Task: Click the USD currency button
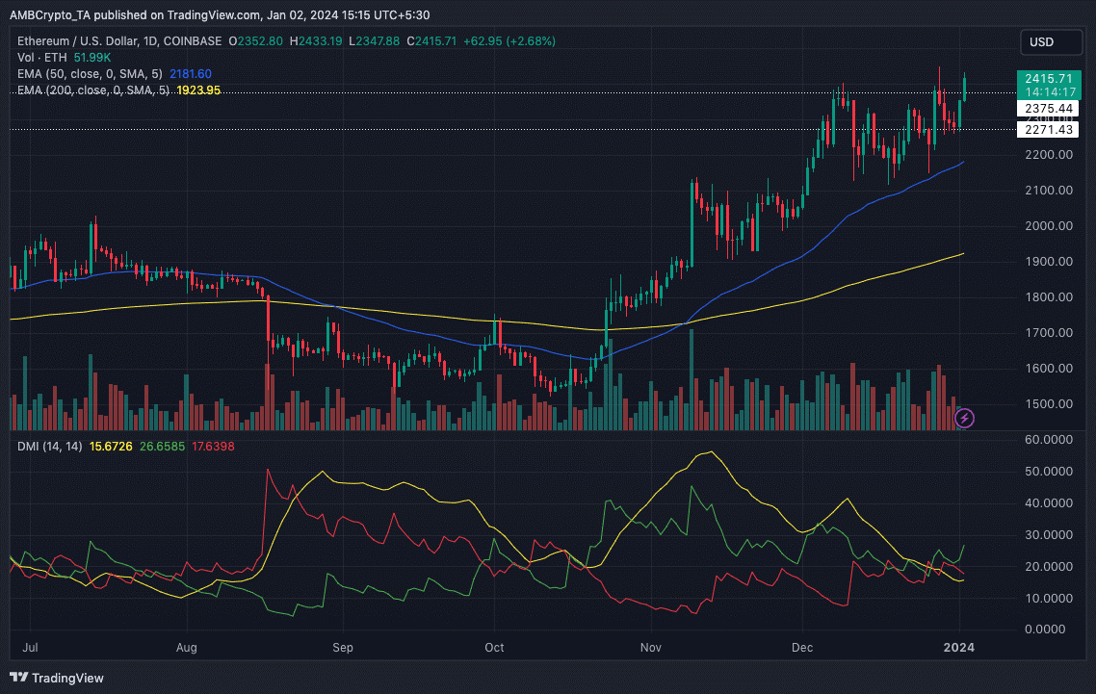[x=1041, y=42]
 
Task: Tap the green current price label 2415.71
[x=1048, y=79]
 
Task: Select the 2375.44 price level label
[x=1048, y=109]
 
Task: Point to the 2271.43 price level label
[x=1048, y=130]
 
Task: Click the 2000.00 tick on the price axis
[x=1048, y=226]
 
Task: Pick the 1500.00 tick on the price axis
[x=1048, y=404]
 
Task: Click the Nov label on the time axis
[x=652, y=648]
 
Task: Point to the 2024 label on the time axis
[x=958, y=648]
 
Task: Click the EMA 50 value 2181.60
[x=190, y=74]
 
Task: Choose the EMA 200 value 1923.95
[x=198, y=90]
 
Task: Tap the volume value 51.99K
[x=91, y=58]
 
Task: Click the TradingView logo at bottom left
[x=58, y=678]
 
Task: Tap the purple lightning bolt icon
[x=964, y=418]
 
